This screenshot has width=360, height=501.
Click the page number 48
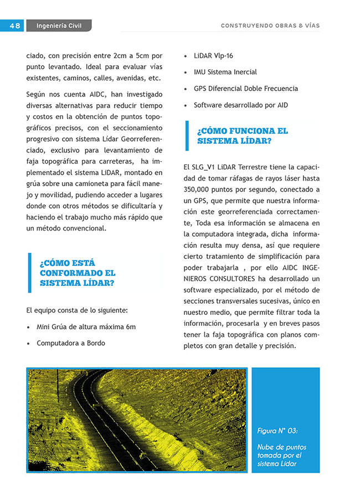coord(15,26)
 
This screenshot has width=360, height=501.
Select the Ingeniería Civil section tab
coord(58,26)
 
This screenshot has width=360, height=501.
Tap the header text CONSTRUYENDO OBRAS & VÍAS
coord(270,26)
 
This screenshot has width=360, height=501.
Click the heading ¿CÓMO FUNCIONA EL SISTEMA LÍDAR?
coord(242,136)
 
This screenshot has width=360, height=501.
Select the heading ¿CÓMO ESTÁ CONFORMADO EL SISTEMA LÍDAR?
coord(78,273)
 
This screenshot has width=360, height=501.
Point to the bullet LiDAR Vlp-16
coord(213,55)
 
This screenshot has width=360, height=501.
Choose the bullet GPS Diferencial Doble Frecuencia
coord(245,89)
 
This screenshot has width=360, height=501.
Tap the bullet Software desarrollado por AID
coord(240,105)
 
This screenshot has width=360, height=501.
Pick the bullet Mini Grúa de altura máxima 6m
coord(86,327)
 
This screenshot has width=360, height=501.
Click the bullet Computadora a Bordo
coord(70,343)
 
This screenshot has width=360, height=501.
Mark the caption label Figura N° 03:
coord(277,431)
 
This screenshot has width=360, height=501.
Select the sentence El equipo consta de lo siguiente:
coord(77,310)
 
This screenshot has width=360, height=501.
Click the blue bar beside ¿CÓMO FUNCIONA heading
coord(187,136)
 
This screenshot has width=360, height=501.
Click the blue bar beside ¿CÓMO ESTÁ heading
coord(30,273)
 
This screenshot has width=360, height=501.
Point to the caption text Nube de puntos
coord(281,447)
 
